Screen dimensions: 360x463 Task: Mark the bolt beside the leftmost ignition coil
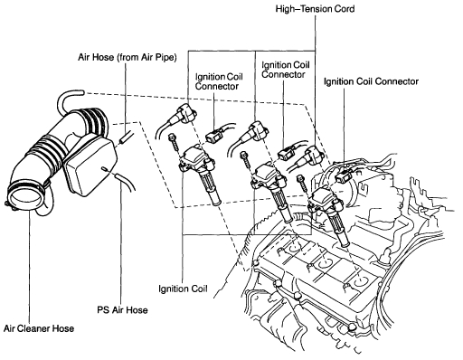pyautogui.click(x=172, y=140)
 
